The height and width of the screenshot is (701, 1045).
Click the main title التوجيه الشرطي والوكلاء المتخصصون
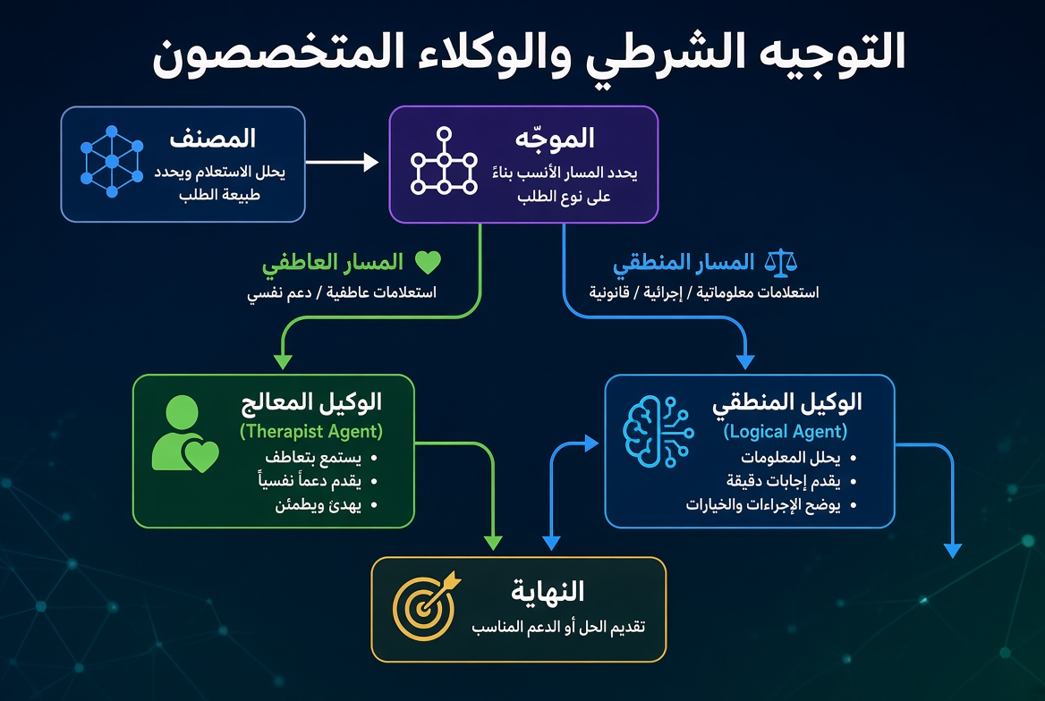click(529, 52)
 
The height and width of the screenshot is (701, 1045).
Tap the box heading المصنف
click(213, 138)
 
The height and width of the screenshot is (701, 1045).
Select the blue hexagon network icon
click(112, 162)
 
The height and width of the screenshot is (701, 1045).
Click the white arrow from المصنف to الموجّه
click(342, 162)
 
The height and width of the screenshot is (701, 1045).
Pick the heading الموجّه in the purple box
click(555, 138)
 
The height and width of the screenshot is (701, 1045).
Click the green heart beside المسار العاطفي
click(428, 263)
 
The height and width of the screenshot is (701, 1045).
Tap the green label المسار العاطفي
click(333, 263)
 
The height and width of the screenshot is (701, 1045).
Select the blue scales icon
click(781, 263)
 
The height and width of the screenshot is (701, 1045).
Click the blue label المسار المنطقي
click(684, 263)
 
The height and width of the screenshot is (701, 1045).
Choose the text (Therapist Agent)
click(311, 432)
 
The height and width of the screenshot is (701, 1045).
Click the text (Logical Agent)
click(785, 432)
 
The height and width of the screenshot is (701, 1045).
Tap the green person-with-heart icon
click(184, 434)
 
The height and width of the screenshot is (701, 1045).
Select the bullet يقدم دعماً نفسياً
click(310, 480)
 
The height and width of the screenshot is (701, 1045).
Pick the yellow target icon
click(427, 605)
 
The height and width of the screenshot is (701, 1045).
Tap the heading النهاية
click(548, 591)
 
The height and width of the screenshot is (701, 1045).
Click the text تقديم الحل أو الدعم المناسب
click(558, 627)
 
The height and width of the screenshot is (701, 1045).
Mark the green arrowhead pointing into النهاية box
click(493, 543)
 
